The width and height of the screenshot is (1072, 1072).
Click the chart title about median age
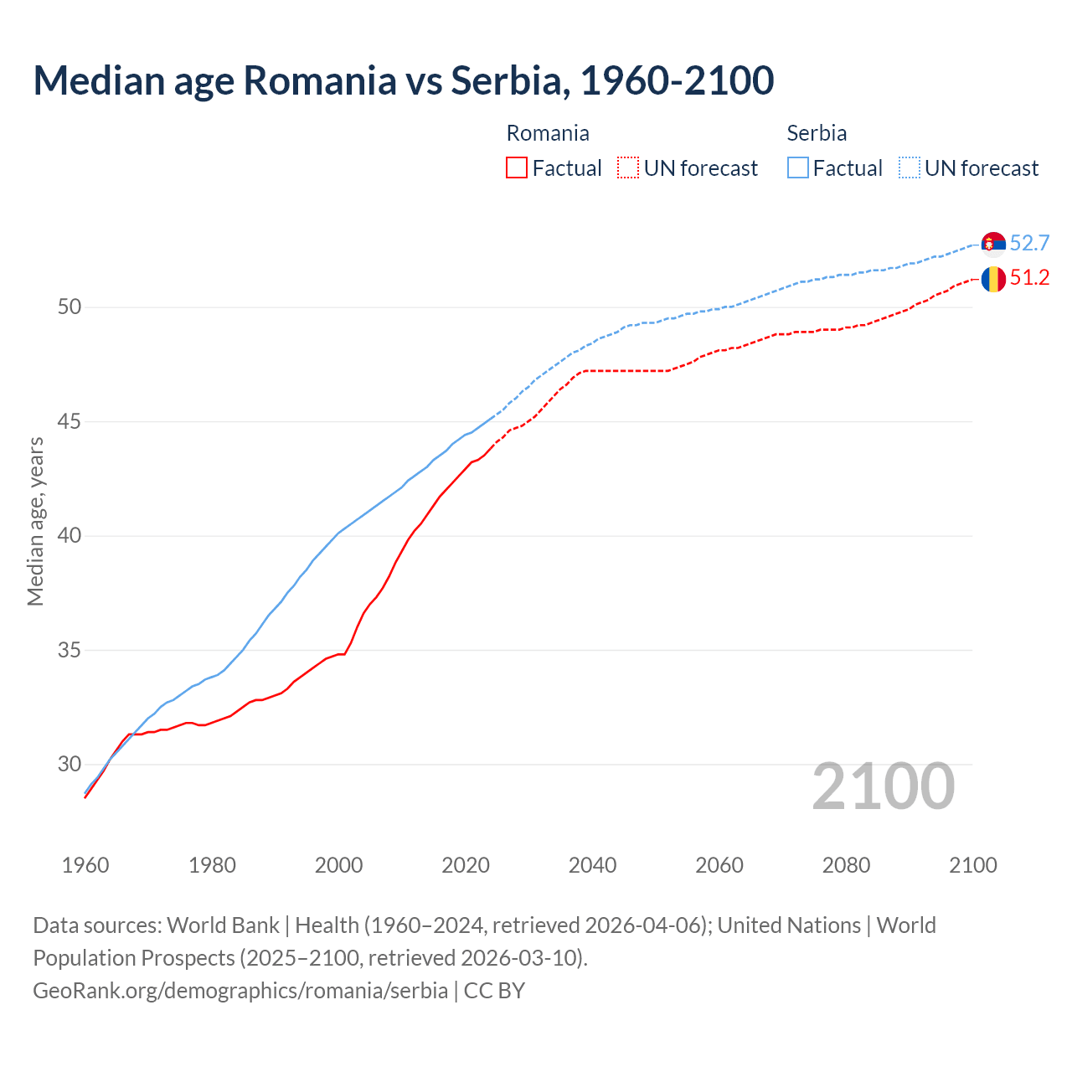click(403, 80)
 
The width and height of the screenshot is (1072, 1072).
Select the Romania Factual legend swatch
click(517, 167)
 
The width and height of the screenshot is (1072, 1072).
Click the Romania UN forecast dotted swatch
click(628, 167)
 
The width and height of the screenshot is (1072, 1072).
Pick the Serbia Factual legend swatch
click(798, 167)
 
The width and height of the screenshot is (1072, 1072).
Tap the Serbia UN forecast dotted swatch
click(910, 167)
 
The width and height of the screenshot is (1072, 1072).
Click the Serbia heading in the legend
click(817, 133)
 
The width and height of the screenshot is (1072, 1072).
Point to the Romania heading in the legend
click(548, 133)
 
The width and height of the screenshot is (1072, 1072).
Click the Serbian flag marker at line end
click(993, 244)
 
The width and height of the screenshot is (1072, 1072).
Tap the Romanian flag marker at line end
click(993, 278)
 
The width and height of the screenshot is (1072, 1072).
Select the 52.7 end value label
click(1029, 244)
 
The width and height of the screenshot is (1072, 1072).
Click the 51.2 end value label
click(1029, 278)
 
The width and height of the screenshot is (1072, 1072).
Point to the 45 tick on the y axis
click(70, 421)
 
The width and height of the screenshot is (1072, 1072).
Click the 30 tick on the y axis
click(70, 764)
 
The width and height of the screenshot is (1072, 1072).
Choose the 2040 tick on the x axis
click(592, 865)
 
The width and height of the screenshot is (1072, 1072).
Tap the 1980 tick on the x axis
click(212, 865)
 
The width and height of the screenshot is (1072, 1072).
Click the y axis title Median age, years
click(35, 521)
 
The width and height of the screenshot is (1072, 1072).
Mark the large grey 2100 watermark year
click(883, 786)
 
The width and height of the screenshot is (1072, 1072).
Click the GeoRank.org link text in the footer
click(240, 991)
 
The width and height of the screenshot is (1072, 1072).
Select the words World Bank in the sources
click(223, 925)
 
